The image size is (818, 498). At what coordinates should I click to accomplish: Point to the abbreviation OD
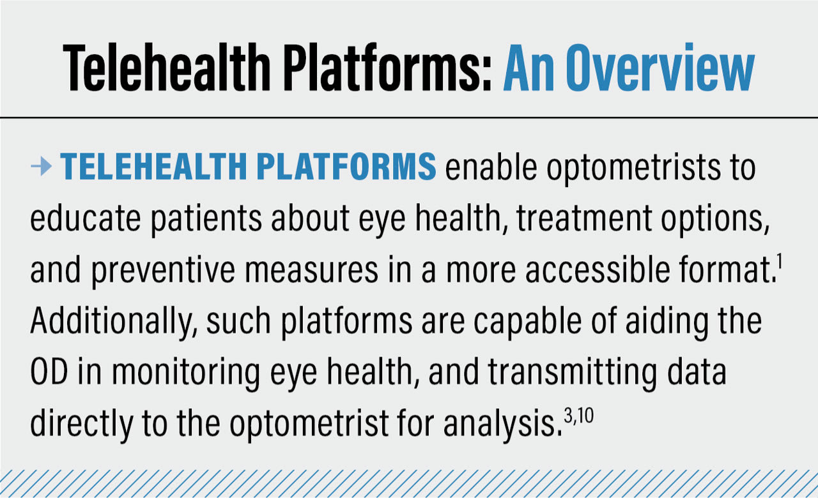50,373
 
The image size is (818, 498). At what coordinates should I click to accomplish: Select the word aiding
674,322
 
